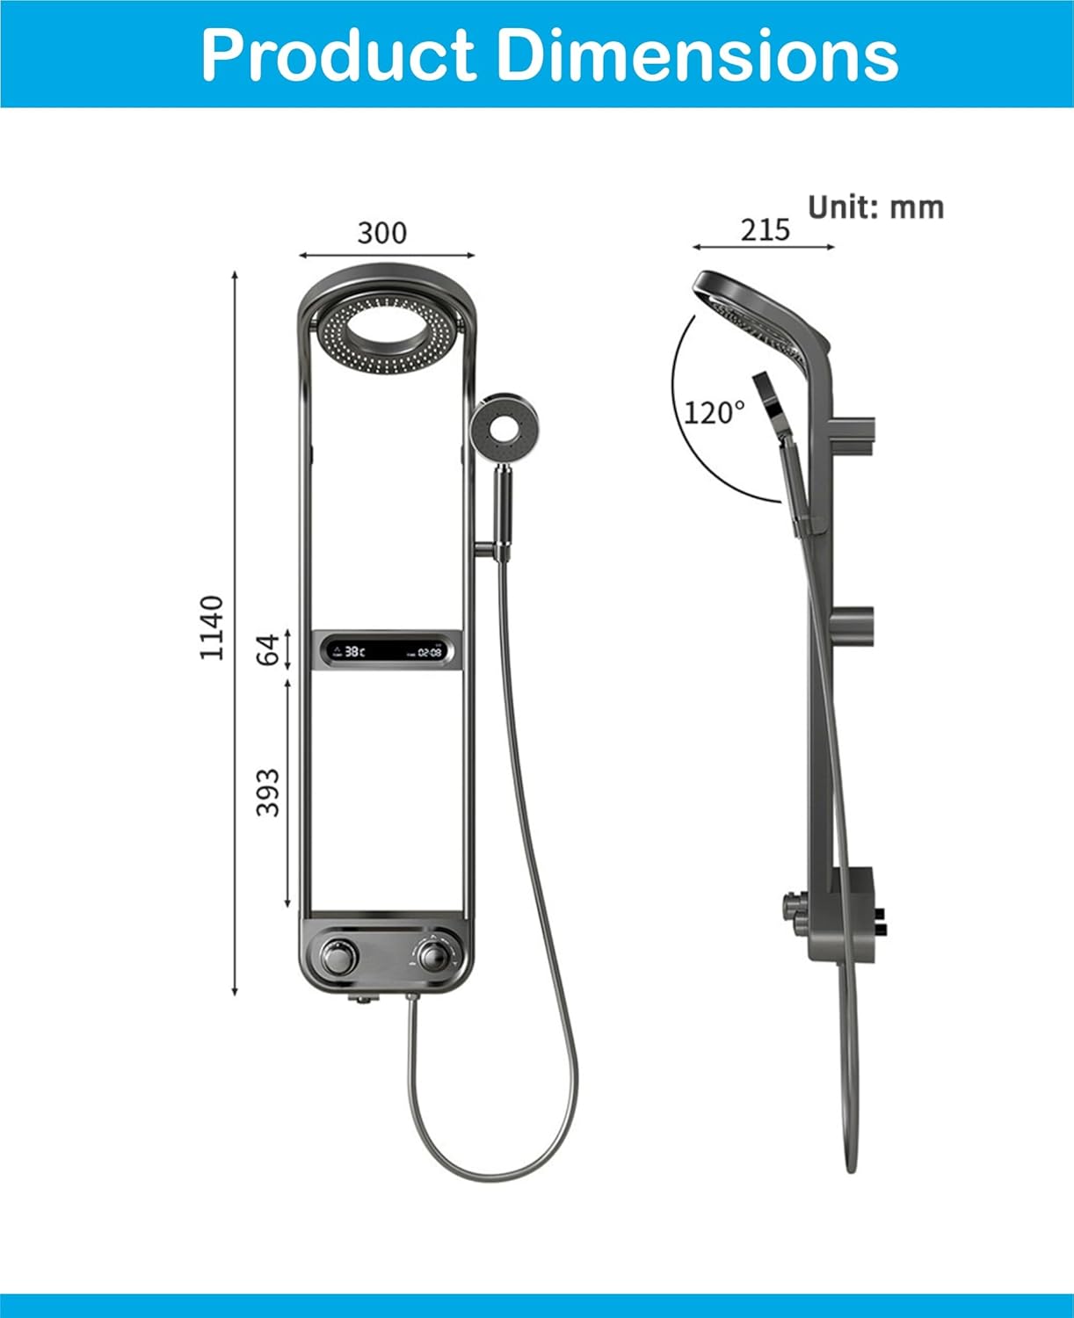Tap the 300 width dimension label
coord(382,233)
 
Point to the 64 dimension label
coord(268,649)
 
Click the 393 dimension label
coord(268,792)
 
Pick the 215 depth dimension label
coord(765,229)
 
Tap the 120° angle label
coord(714,412)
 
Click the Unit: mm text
coord(875,207)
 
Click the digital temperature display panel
coord(387,652)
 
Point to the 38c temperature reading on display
coord(353,652)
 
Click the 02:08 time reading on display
coord(429,653)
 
